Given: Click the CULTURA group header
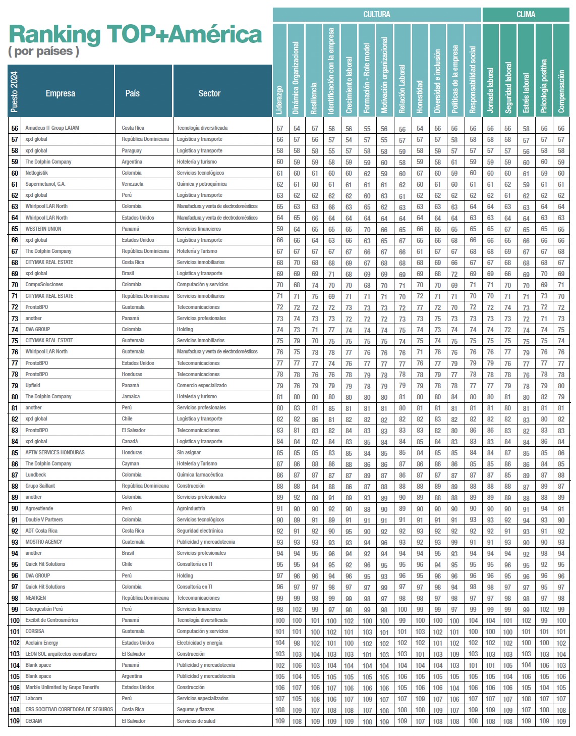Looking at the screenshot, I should click(x=377, y=15).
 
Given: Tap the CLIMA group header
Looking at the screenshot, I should click(x=526, y=15).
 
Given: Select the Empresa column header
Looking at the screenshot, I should click(x=61, y=93).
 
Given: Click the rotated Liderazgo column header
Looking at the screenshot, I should click(x=280, y=99).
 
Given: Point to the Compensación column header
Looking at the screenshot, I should click(x=561, y=91).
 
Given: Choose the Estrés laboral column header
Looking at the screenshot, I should click(x=526, y=93).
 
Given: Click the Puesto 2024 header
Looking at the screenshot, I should click(x=14, y=92).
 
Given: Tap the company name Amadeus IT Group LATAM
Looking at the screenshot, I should click(x=52, y=128).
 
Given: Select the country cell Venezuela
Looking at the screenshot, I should click(x=133, y=184).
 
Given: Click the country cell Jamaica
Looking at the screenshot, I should click(x=131, y=397).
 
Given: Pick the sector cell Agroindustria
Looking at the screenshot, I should click(x=191, y=509).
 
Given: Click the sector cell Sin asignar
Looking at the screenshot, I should click(x=189, y=453).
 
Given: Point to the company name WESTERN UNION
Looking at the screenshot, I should click(x=43, y=229).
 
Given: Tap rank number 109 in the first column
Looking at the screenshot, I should click(x=15, y=721).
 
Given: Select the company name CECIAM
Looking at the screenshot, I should click(x=34, y=721).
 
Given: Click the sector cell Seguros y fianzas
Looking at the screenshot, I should click(x=196, y=710).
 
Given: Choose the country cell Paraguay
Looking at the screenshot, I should click(x=132, y=150).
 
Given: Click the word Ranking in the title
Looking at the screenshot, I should click(x=55, y=34).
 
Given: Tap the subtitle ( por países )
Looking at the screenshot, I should click(x=44, y=51).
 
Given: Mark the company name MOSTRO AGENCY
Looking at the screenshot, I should click(x=44, y=542).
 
